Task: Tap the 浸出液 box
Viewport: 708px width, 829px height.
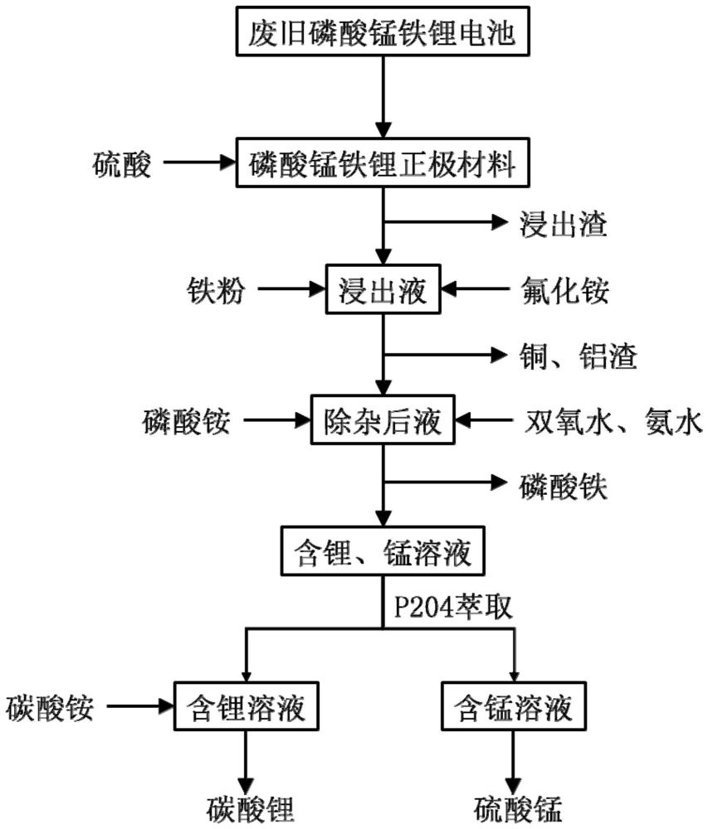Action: pyautogui.click(x=383, y=289)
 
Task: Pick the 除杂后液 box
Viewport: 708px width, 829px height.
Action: pyautogui.click(x=383, y=423)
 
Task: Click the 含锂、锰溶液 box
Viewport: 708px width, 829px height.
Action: pyautogui.click(x=383, y=550)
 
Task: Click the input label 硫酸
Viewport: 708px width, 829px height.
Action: pyautogui.click(x=121, y=166)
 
